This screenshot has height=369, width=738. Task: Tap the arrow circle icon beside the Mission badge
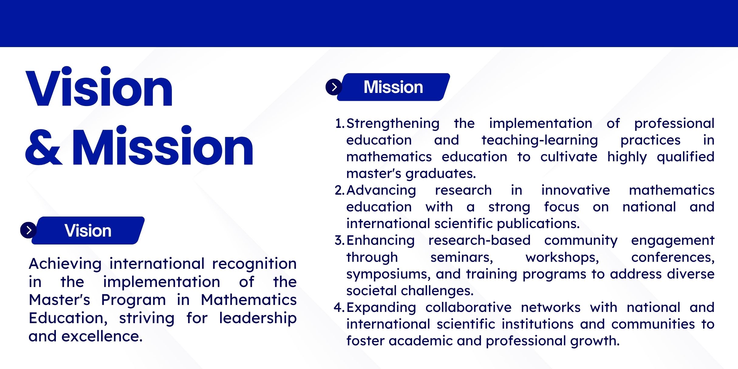click(x=334, y=87)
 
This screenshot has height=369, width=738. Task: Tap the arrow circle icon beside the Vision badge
click(x=29, y=230)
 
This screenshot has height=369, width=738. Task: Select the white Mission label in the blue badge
click(x=393, y=87)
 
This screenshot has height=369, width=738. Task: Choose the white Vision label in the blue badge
click(x=88, y=231)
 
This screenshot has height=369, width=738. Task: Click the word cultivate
click(x=569, y=157)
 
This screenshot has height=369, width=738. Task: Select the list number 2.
click(x=339, y=190)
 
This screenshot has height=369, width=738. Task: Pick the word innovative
click(x=576, y=190)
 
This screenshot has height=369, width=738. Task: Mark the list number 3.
click(x=339, y=241)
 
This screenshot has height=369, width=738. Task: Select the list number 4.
click(x=339, y=308)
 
